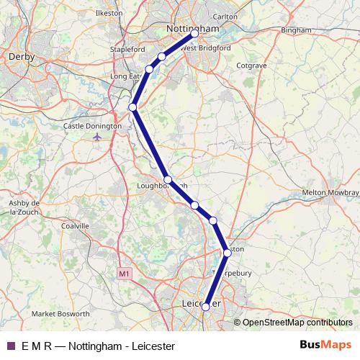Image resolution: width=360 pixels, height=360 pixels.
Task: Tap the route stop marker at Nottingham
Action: (194, 34)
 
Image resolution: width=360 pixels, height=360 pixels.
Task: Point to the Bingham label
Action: (297, 31)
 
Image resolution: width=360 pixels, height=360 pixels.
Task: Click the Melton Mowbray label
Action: (330, 193)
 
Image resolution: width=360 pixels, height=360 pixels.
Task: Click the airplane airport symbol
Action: (98, 137)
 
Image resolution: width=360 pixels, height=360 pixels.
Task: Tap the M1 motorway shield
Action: (124, 274)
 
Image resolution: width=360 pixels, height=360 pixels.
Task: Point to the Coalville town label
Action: (75, 225)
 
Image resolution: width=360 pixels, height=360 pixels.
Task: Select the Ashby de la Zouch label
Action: (20, 207)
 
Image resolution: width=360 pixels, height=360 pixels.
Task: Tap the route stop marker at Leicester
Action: (206, 307)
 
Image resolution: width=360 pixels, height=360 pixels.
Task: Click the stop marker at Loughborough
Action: (167, 179)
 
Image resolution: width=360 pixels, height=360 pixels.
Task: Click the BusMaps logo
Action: (326, 346)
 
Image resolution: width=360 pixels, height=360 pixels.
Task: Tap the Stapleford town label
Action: (127, 49)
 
